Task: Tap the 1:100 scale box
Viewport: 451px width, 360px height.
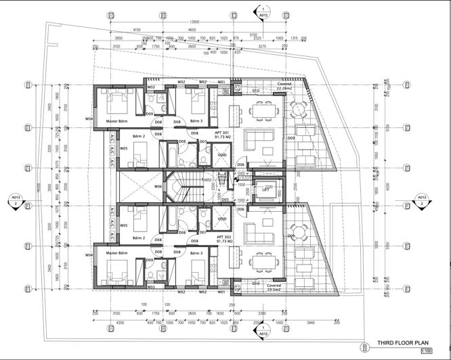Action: click(x=425, y=352)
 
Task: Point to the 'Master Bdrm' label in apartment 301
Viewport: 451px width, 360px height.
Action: click(x=119, y=122)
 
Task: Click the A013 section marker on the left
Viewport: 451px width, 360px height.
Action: click(x=15, y=200)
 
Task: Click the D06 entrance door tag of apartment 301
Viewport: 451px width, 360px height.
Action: click(x=240, y=165)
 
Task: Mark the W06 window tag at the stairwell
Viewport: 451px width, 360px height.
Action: click(x=158, y=186)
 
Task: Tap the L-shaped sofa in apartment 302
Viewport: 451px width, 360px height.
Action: click(x=259, y=232)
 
